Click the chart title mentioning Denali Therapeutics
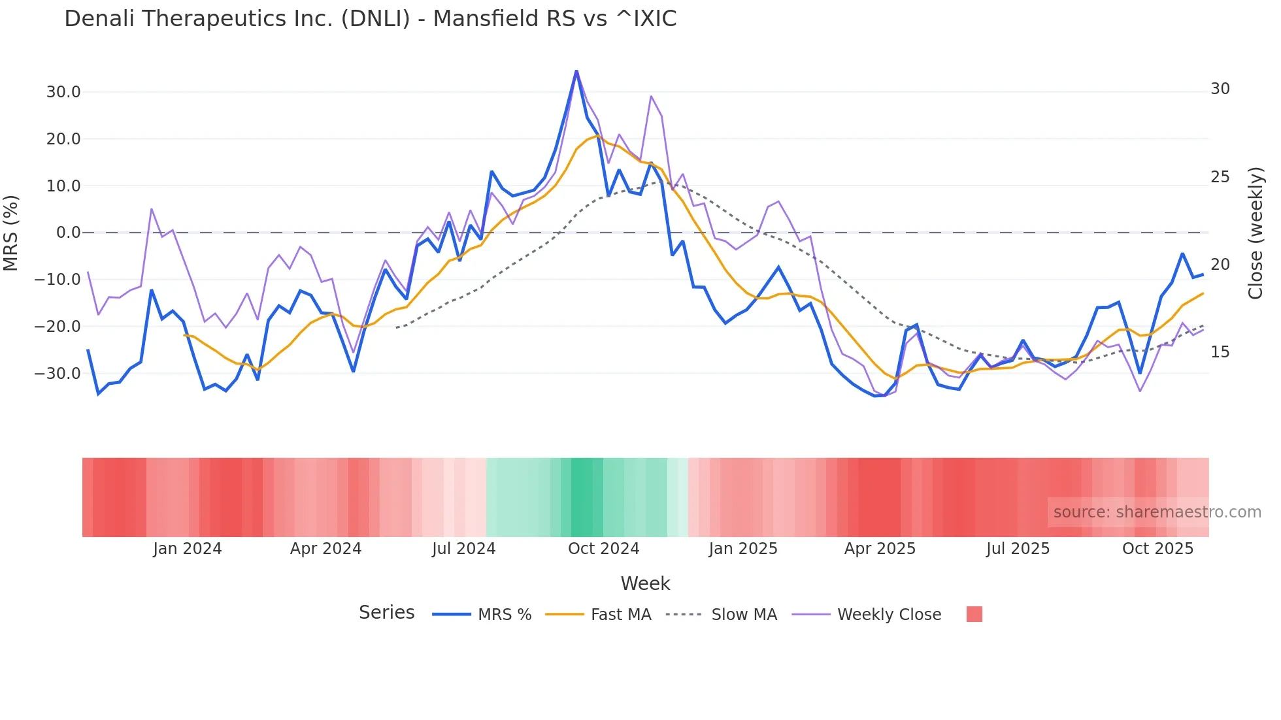click(x=370, y=19)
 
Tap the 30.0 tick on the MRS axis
click(x=63, y=92)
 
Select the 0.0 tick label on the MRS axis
click(x=68, y=233)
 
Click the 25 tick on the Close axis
click(x=1220, y=177)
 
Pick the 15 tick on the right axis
click(x=1220, y=352)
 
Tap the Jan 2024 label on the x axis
click(x=188, y=549)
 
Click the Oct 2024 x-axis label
click(x=603, y=549)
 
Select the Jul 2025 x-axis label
click(x=1018, y=549)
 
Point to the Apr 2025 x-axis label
click(x=880, y=549)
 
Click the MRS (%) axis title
click(x=11, y=233)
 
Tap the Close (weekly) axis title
click(x=1256, y=233)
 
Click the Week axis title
click(x=645, y=583)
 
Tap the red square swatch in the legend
click(x=974, y=614)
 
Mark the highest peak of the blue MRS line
click(x=576, y=71)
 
